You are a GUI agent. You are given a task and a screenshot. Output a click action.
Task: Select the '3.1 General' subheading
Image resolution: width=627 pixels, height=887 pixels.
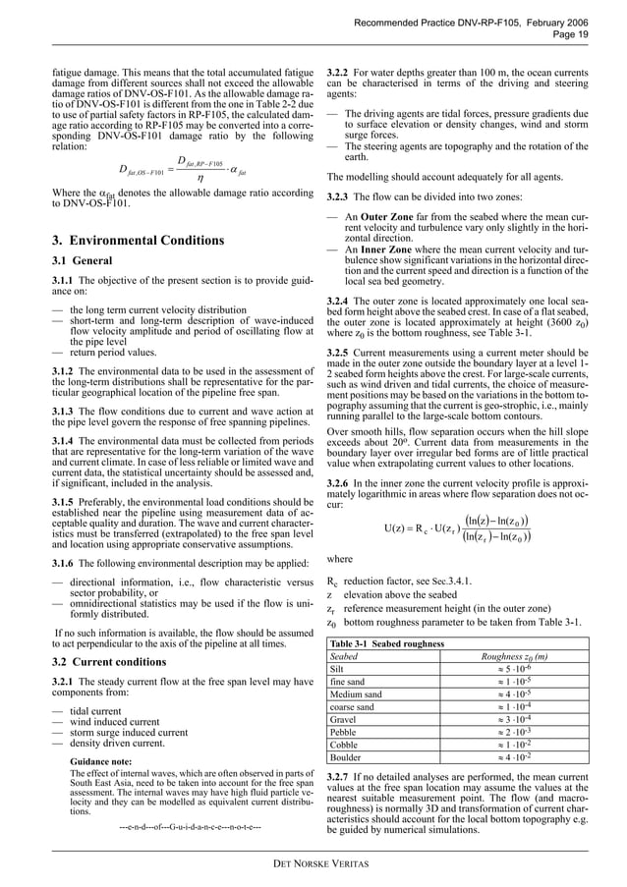point(84,261)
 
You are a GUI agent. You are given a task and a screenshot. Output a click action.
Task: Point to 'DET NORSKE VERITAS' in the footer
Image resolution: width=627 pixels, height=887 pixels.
point(313,862)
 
